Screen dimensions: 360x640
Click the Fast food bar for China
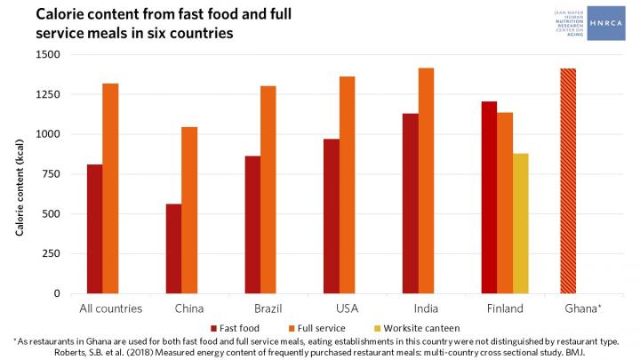[x=173, y=249]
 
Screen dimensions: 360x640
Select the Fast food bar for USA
[x=331, y=216]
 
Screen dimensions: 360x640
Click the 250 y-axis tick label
[x=52, y=254]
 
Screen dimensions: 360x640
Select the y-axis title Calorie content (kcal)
[x=19, y=173]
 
